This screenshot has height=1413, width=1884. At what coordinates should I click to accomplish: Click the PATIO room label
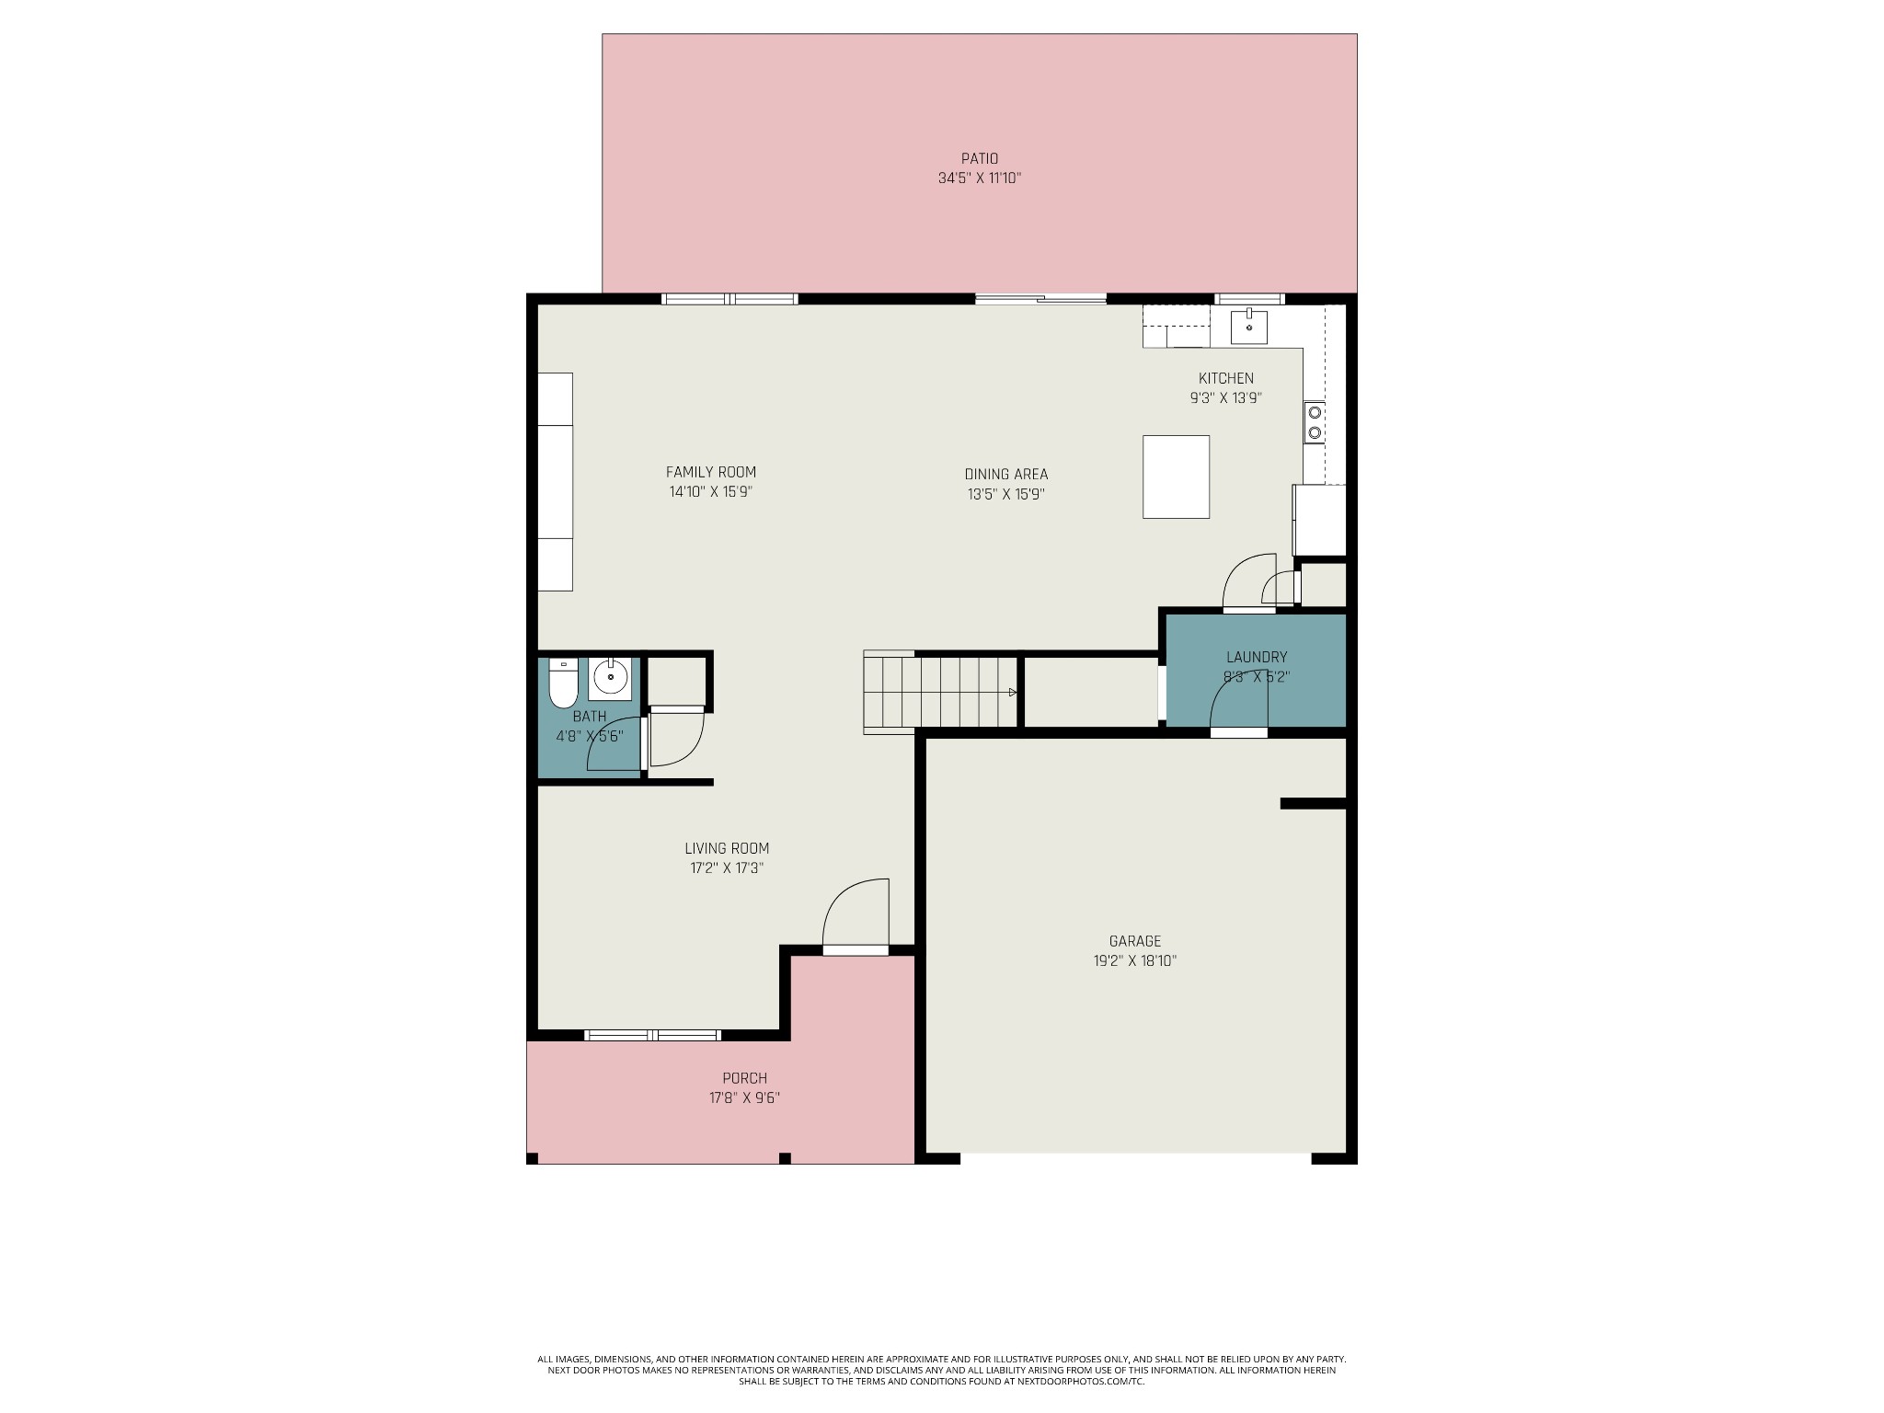pyautogui.click(x=980, y=158)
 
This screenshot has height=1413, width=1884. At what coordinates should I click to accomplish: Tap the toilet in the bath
pyautogui.click(x=563, y=683)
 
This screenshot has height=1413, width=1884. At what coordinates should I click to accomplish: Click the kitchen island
pyautogui.click(x=1176, y=477)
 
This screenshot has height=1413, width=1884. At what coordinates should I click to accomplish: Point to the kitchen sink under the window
pyautogui.click(x=1249, y=326)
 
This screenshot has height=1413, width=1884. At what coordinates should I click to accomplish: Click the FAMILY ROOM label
pyautogui.click(x=711, y=472)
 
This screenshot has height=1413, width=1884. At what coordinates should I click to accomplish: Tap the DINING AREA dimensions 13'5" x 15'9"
pyautogui.click(x=1006, y=494)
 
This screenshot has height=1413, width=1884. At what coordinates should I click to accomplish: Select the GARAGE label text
pyautogui.click(x=1135, y=941)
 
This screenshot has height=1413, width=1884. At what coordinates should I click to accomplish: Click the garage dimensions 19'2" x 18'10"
pyautogui.click(x=1135, y=961)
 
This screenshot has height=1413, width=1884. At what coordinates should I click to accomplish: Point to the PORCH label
pyautogui.click(x=745, y=1078)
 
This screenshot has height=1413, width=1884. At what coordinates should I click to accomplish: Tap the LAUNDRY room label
pyautogui.click(x=1257, y=657)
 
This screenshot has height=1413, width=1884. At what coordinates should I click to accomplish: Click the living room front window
pyautogui.click(x=653, y=1035)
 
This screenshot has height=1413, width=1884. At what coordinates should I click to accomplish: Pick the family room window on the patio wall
pyautogui.click(x=729, y=298)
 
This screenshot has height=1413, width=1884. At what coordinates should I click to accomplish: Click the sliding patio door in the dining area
pyautogui.click(x=1040, y=298)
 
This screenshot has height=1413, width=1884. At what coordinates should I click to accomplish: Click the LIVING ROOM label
pyautogui.click(x=727, y=848)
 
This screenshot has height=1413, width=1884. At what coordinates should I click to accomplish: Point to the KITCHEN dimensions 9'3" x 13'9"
pyautogui.click(x=1225, y=398)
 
